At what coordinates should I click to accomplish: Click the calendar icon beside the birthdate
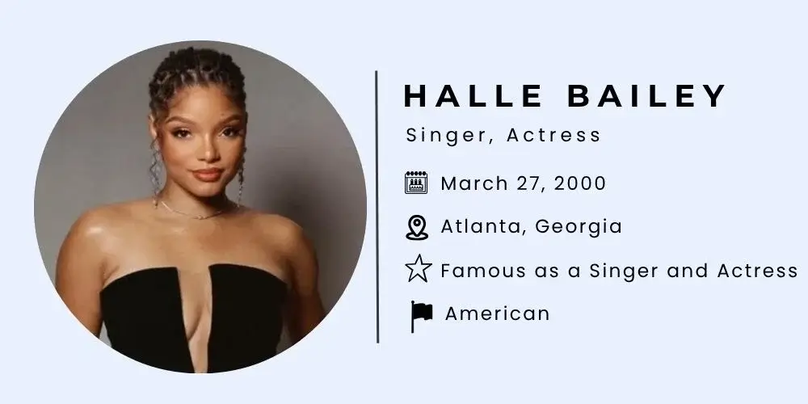(x=415, y=183)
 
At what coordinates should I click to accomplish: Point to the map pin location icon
(x=415, y=227)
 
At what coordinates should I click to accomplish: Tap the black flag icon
(x=420, y=315)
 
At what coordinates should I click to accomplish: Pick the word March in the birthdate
(x=472, y=183)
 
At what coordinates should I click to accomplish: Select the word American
(x=497, y=314)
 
